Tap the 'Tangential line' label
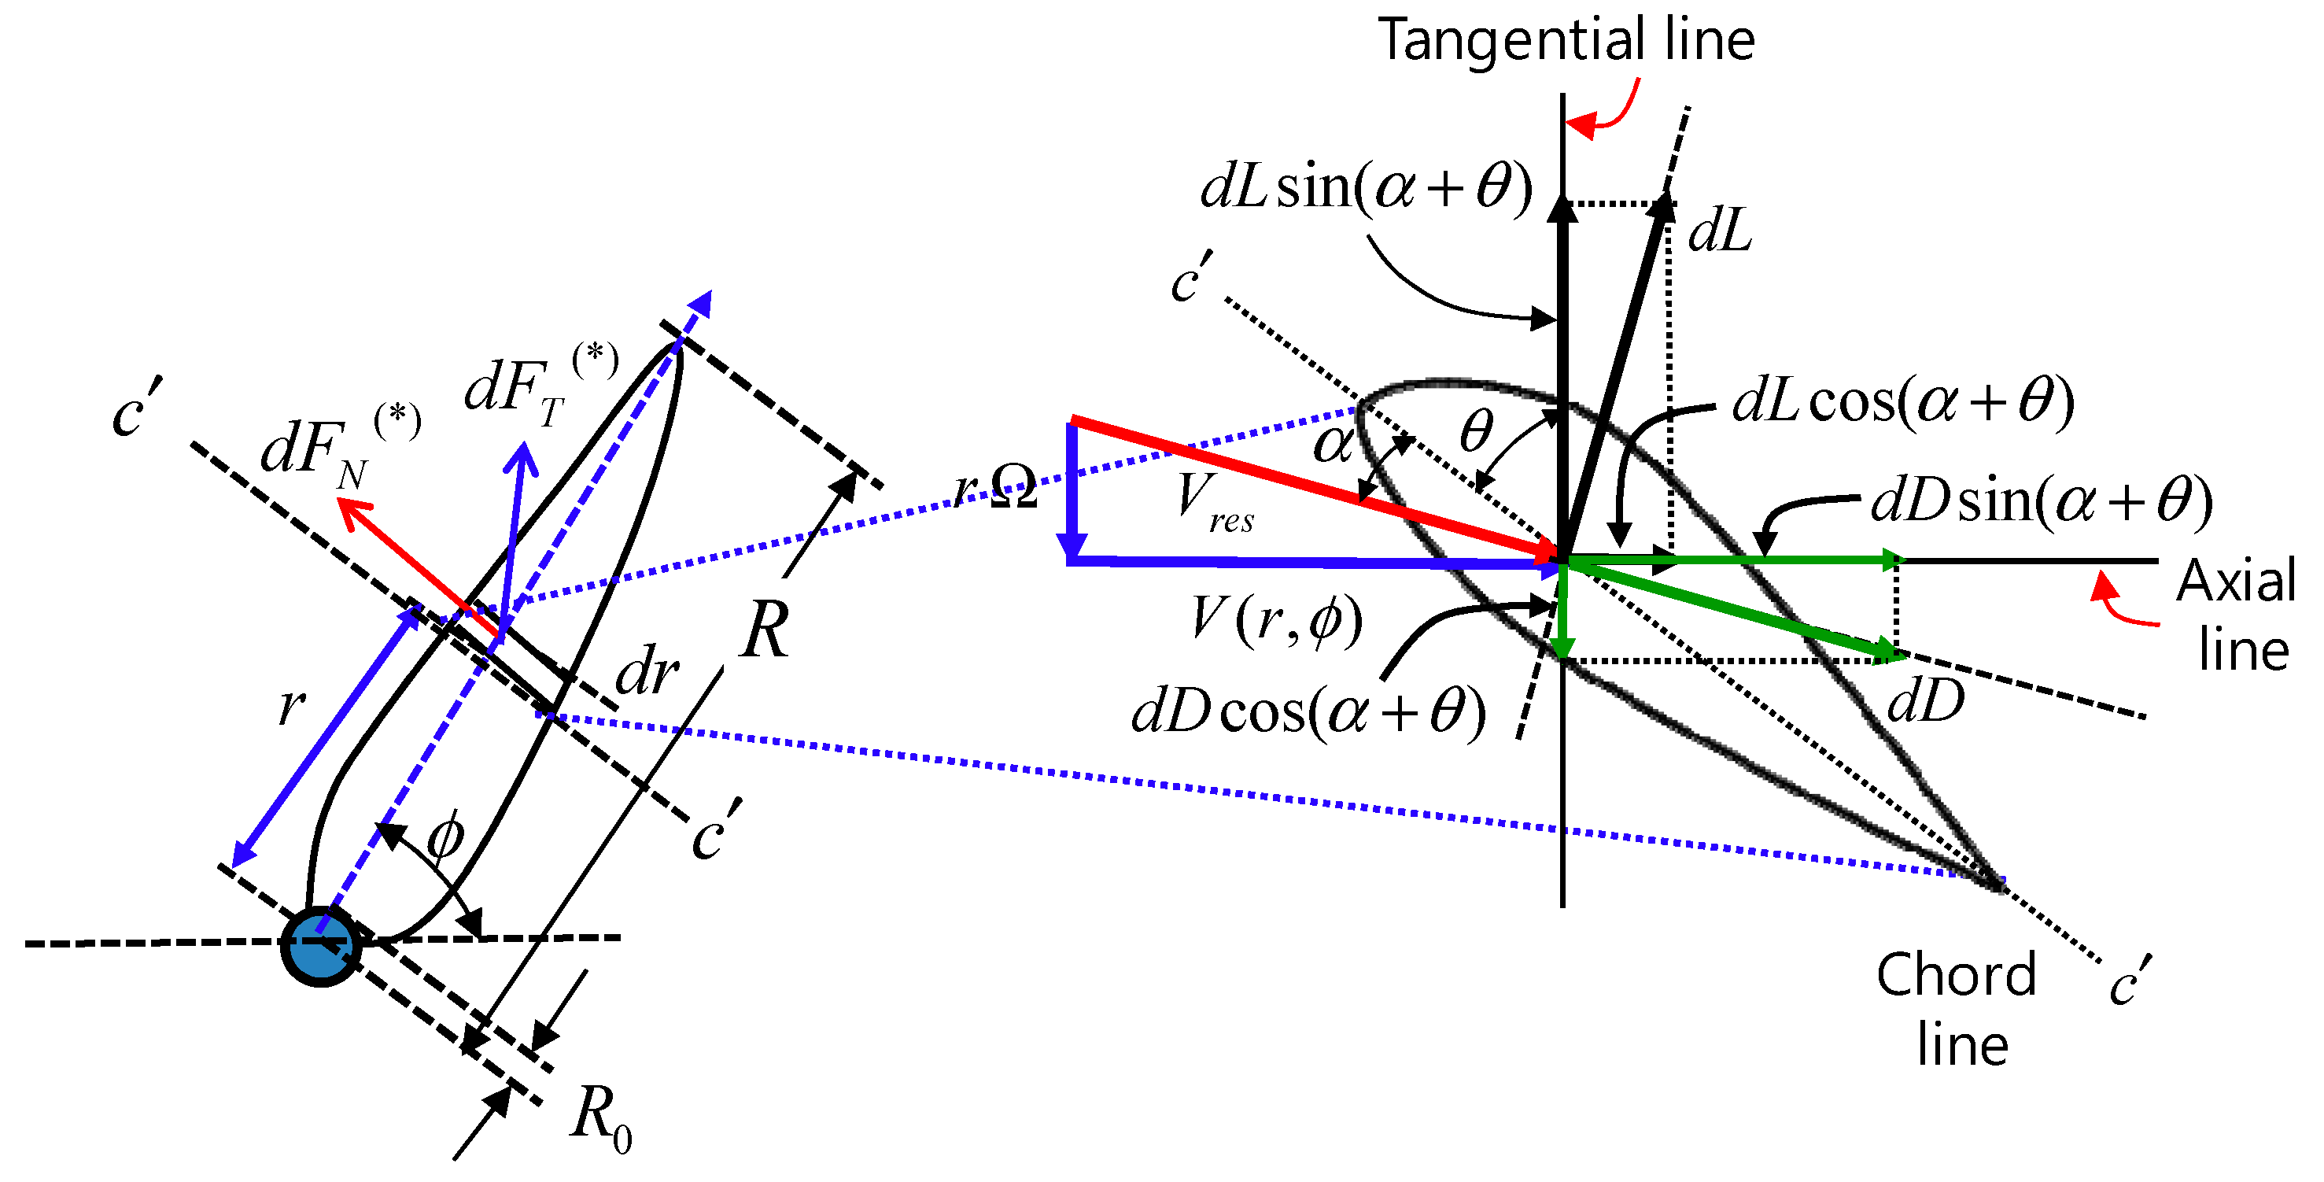1566,41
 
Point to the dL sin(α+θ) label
1366,187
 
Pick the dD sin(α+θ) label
2042,501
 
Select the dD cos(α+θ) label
1309,713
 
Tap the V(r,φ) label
1277,621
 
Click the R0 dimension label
601,1117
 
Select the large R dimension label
765,630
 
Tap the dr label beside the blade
647,673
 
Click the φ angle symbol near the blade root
445,837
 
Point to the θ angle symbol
1476,431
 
